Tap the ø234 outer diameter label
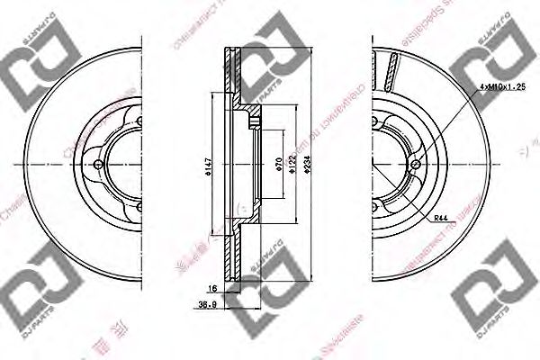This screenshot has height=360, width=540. click(309, 165)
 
